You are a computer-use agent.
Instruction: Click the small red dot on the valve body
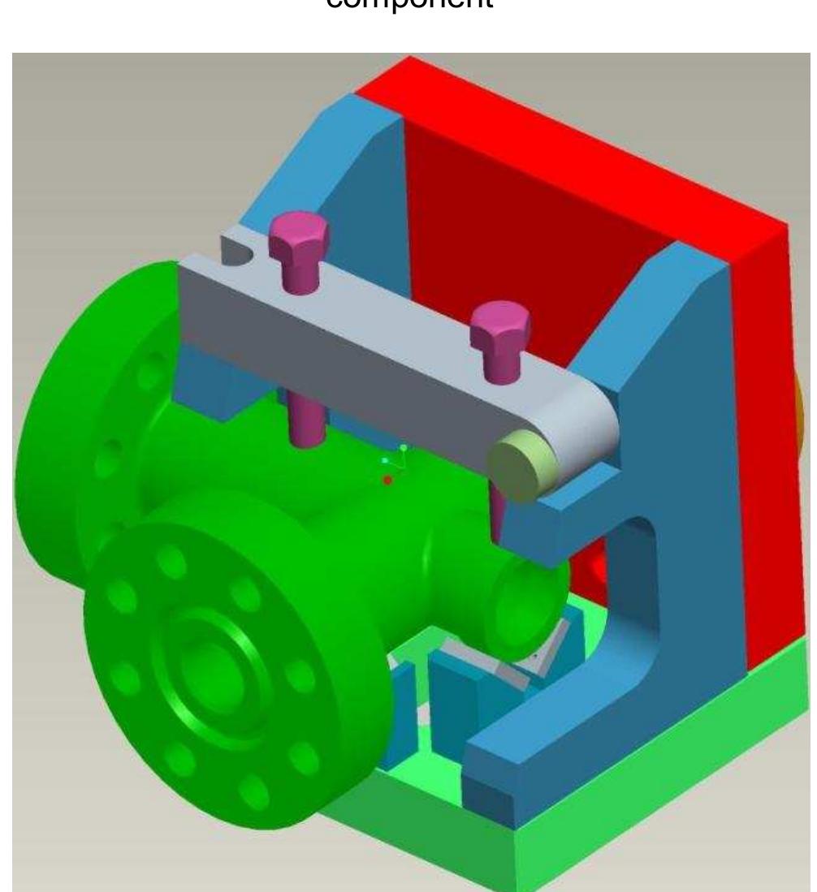point(388,480)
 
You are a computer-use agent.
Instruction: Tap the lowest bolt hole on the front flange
point(254,786)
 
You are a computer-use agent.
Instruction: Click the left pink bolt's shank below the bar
point(307,421)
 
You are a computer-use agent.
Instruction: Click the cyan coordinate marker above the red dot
point(385,460)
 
